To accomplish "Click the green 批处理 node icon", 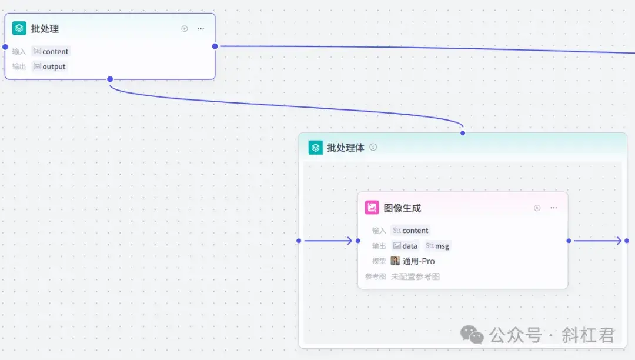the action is [x=19, y=28].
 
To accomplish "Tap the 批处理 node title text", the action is [x=45, y=29].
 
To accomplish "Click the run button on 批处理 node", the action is [x=184, y=29].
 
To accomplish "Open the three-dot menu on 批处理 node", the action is [x=201, y=29].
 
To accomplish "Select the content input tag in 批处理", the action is [x=51, y=52].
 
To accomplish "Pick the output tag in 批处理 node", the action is [x=50, y=67].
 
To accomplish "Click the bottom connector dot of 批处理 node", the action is [x=110, y=79].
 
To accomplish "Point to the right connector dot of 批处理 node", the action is [x=215, y=46].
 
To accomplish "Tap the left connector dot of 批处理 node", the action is [x=5, y=46].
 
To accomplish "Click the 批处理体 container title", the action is [x=346, y=148].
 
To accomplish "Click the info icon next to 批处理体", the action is [x=373, y=148].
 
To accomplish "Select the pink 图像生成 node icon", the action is [x=372, y=208].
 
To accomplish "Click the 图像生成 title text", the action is [x=402, y=208].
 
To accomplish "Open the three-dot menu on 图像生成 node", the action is [x=553, y=208].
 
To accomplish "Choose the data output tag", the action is [x=406, y=246].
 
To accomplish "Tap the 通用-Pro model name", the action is [x=419, y=261].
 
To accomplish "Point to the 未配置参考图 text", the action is [x=415, y=276].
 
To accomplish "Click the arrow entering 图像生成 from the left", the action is [x=329, y=241].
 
